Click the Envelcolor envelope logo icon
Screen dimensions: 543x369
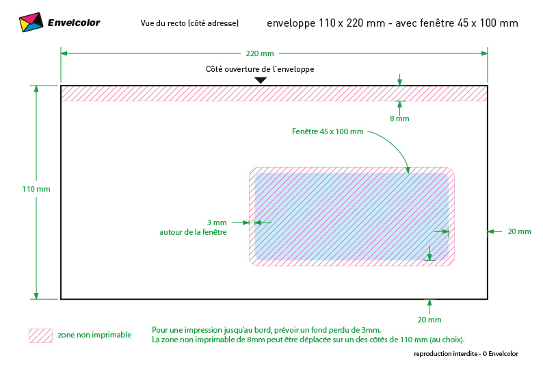31,22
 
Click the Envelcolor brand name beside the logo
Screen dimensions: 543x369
74,23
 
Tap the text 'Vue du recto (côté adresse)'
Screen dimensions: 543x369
189,23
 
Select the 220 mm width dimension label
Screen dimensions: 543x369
260,53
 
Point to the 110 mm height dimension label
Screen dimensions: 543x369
36,189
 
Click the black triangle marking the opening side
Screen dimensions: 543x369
261,80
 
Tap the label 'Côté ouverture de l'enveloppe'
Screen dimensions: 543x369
260,69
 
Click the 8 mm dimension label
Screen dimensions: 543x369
399,118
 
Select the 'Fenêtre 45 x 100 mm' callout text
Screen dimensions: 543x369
328,131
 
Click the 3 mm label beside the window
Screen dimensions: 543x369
217,222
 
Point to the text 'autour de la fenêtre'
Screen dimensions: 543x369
193,232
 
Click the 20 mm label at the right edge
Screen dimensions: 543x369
519,231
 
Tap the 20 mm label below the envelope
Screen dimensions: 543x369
429,320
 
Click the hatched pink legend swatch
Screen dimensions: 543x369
40,335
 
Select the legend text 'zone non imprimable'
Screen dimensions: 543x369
94,335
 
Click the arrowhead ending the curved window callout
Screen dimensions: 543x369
408,170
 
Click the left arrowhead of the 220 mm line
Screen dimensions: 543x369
64,53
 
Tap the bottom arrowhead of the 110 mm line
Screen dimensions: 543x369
36,296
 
